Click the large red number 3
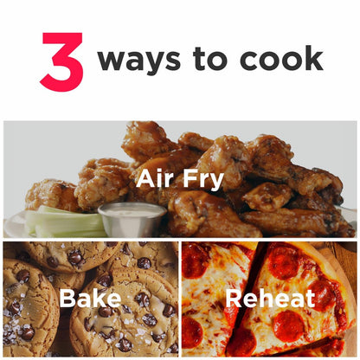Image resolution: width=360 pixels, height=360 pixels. tap(62, 61)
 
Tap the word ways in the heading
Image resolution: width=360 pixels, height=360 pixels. tap(139, 61)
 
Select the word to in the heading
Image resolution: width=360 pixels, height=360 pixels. tap(210, 58)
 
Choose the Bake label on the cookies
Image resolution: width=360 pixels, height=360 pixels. tap(90, 298)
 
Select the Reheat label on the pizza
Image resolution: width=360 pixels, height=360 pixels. tap(270, 299)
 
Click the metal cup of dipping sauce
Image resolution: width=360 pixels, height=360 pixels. tap(132, 219)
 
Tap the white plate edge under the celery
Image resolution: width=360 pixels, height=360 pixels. tap(15, 225)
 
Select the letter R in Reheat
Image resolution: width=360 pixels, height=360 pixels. tap(234, 299)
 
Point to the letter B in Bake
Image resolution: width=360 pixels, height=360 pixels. tap(67, 299)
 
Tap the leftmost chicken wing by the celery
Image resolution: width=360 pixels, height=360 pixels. tap(49, 194)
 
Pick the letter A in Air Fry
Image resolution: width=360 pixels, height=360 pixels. tap(146, 178)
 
